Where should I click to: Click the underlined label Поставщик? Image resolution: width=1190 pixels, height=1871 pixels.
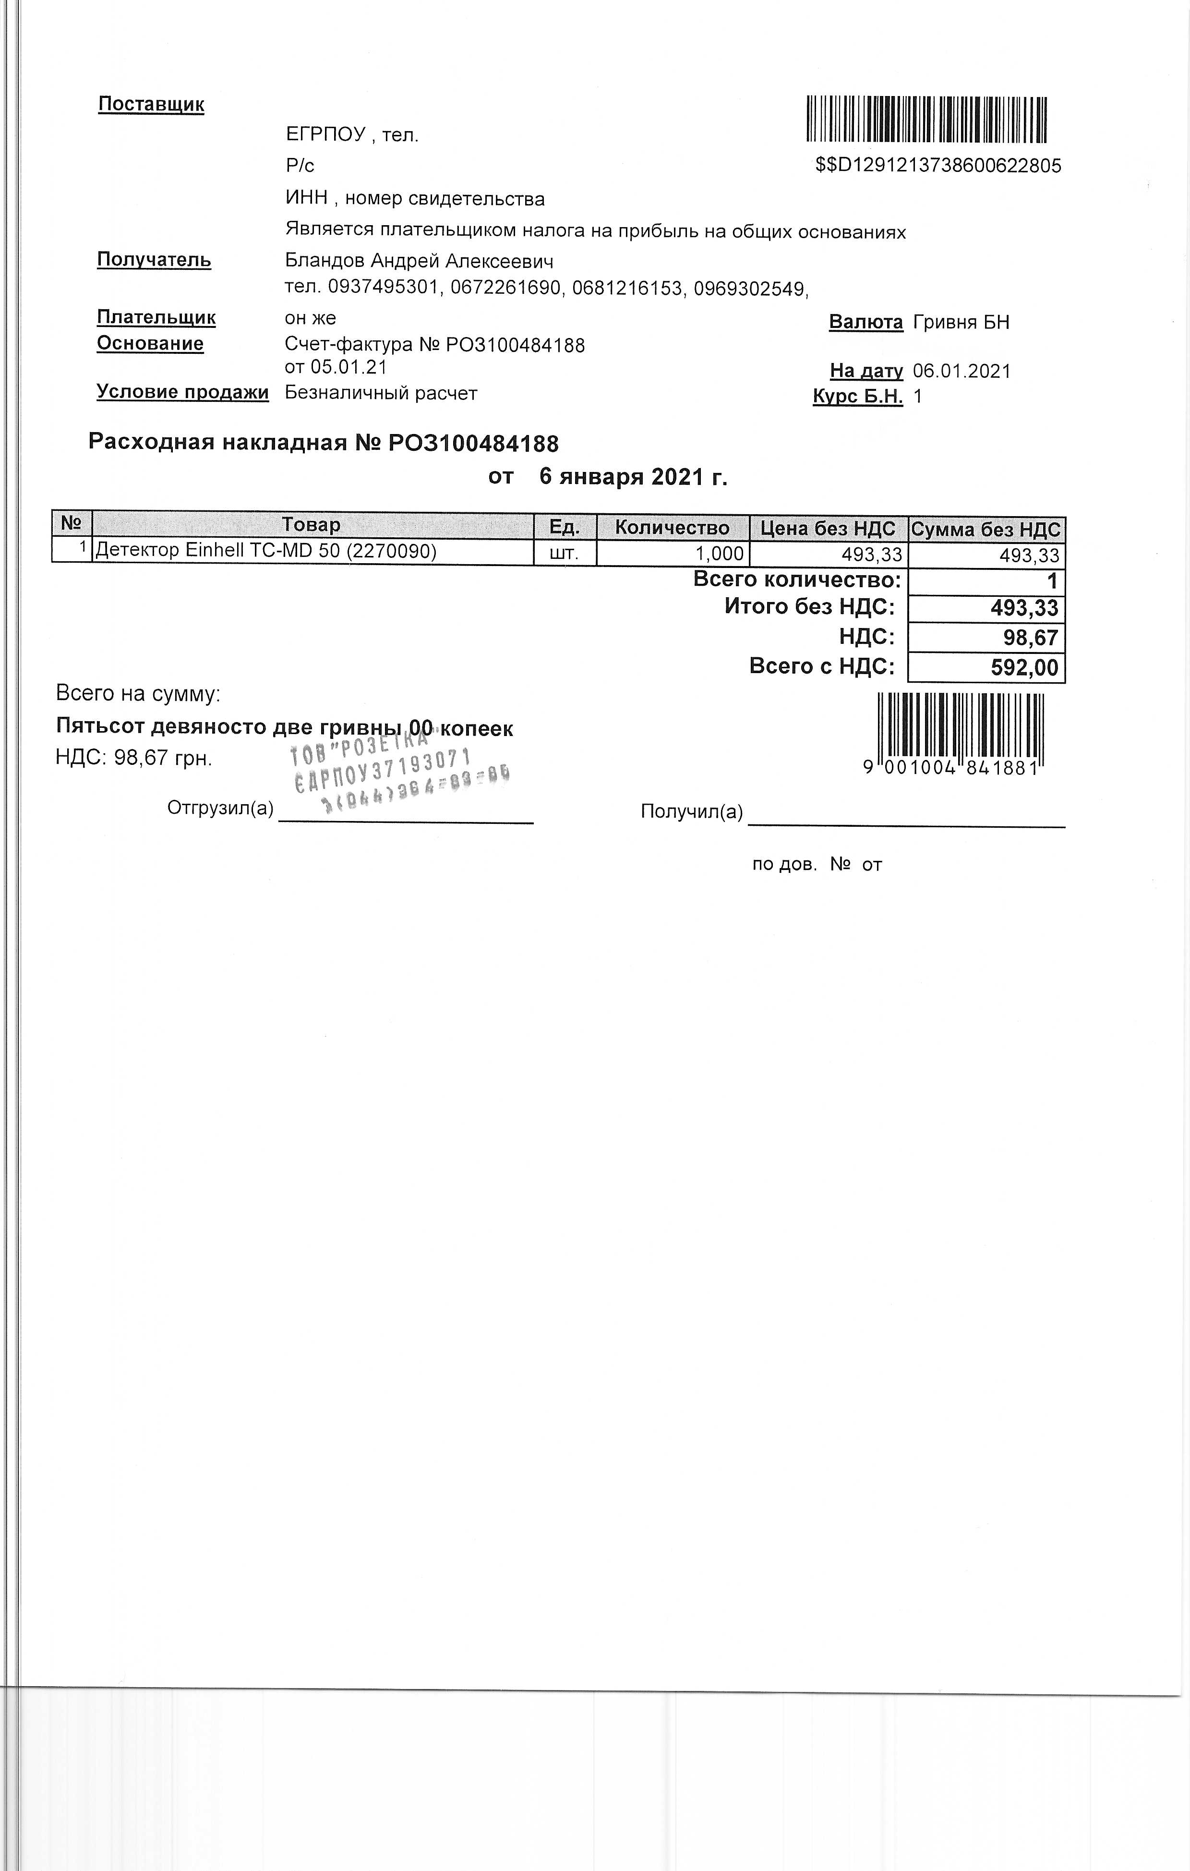pos(151,104)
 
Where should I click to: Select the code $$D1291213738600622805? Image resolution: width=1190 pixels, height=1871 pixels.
pos(938,166)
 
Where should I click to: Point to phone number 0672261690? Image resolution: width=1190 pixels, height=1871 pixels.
pos(505,288)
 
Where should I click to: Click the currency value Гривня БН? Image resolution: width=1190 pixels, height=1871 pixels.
pos(961,322)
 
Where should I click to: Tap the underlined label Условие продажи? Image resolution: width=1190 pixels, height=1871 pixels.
pos(182,392)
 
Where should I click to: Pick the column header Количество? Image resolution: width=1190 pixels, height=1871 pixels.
pos(672,528)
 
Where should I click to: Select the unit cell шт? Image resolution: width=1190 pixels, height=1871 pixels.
pos(564,553)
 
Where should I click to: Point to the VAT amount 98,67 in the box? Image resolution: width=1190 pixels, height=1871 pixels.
pos(1030,638)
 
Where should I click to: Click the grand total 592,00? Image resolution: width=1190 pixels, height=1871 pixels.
pos(1024,667)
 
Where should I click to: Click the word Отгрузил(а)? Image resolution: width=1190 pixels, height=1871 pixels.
pos(221,808)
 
